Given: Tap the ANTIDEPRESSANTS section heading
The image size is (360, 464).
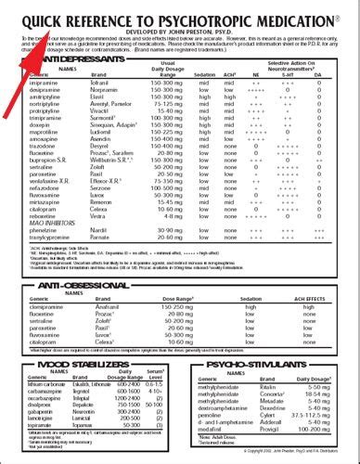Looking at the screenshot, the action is click(x=70, y=58).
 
